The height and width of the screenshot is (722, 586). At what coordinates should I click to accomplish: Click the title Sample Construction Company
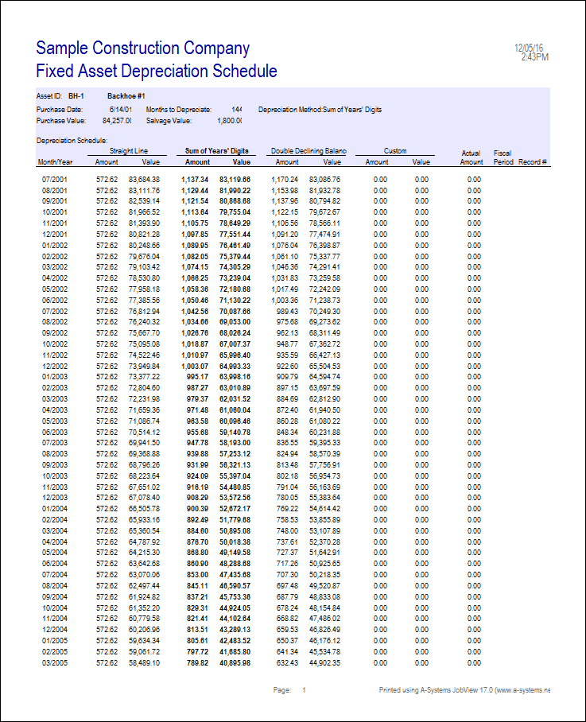click(143, 48)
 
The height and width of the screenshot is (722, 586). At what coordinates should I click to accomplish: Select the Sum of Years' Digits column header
click(217, 150)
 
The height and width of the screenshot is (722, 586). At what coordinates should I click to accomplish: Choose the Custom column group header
click(395, 150)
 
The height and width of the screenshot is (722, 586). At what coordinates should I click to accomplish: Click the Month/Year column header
click(55, 161)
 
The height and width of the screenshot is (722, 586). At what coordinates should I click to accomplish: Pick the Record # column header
click(535, 161)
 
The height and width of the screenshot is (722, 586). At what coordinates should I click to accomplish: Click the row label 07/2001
click(55, 179)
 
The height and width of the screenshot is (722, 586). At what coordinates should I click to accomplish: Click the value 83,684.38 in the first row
click(144, 179)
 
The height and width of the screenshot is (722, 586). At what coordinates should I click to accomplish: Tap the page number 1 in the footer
click(304, 691)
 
